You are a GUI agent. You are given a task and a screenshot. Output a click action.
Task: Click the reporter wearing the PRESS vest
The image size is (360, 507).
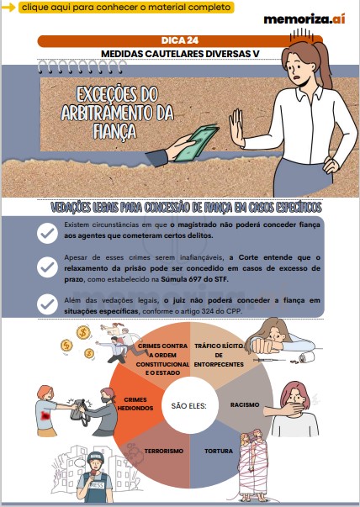pos(98,476)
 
